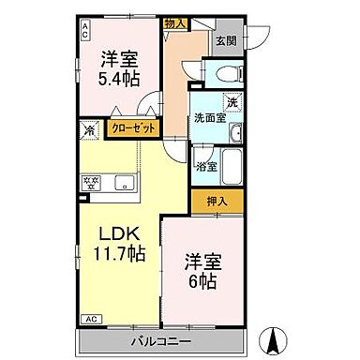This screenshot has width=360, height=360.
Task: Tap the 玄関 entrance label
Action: tap(225, 40)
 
